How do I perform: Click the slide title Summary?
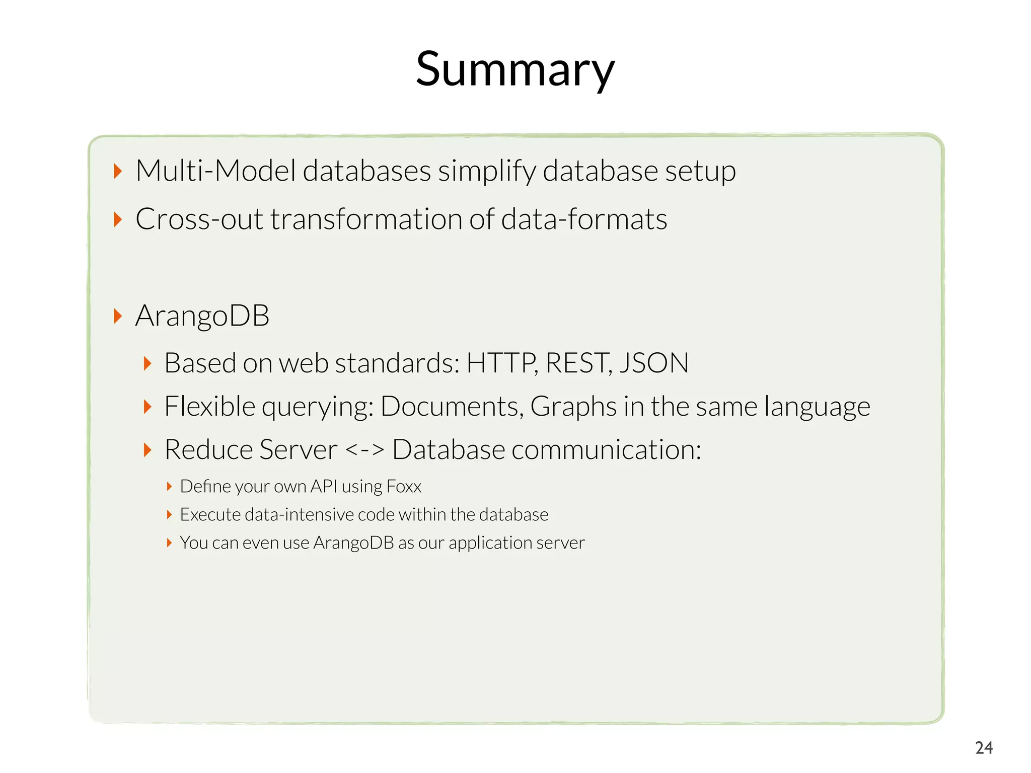[515, 69]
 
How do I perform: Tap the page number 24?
[984, 748]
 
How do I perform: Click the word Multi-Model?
[215, 171]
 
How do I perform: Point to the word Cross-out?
[199, 219]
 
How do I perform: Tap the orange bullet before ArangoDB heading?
[118, 317]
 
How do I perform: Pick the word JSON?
[654, 363]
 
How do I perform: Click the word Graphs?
[573, 407]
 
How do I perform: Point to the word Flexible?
[210, 406]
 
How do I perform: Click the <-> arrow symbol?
[365, 449]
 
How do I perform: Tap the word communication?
[606, 449]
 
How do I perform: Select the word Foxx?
[404, 487]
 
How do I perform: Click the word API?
[324, 486]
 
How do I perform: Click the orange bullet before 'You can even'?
[169, 543]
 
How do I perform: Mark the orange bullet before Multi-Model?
[118, 171]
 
